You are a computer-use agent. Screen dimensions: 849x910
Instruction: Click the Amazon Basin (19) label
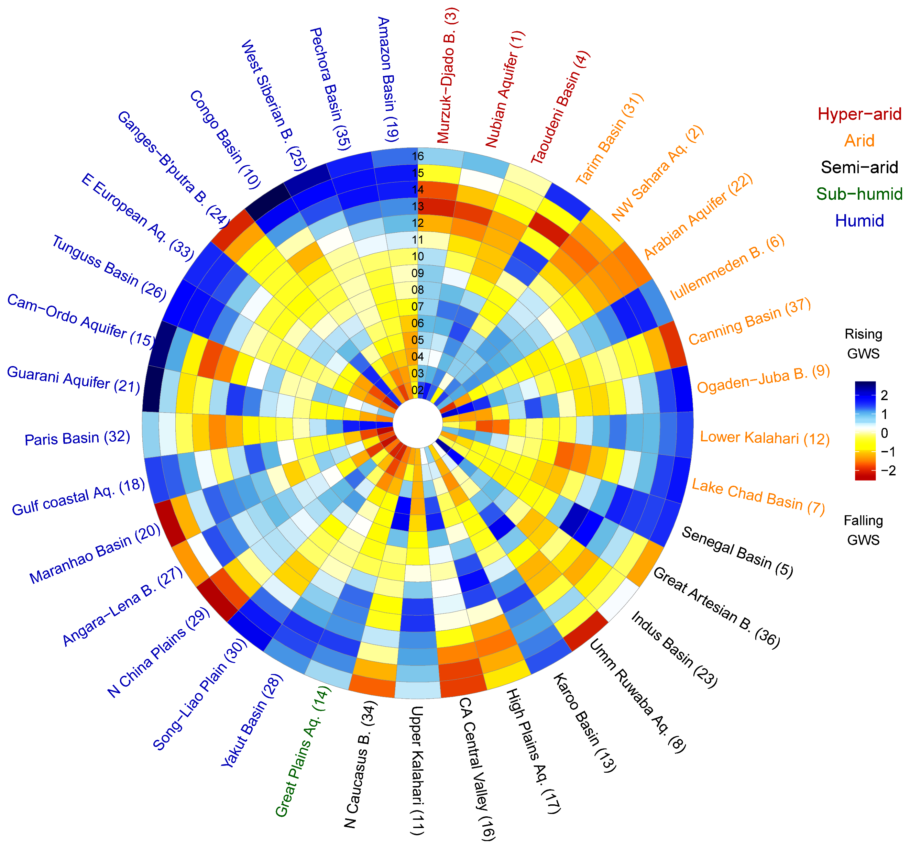[388, 79]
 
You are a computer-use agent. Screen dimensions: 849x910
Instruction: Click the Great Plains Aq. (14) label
[303, 751]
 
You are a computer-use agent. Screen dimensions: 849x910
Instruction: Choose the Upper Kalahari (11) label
[417, 770]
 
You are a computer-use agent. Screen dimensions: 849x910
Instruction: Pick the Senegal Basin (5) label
[737, 552]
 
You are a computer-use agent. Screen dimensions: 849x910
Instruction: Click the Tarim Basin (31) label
[609, 139]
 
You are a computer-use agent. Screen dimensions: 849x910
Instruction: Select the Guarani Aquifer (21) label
[73, 379]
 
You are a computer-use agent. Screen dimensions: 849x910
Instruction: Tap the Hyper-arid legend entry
[859, 114]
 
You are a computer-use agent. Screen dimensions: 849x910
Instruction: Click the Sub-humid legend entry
[859, 194]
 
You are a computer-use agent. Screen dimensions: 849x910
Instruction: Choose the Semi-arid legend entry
[859, 167]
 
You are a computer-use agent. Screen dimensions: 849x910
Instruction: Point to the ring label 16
[417, 156]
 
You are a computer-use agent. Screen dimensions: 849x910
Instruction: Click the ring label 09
[417, 273]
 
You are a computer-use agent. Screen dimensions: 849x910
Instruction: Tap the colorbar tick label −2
[888, 471]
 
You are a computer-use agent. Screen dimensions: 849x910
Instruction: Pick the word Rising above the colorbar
[863, 334]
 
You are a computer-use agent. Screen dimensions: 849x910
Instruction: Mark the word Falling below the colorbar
[863, 520]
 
